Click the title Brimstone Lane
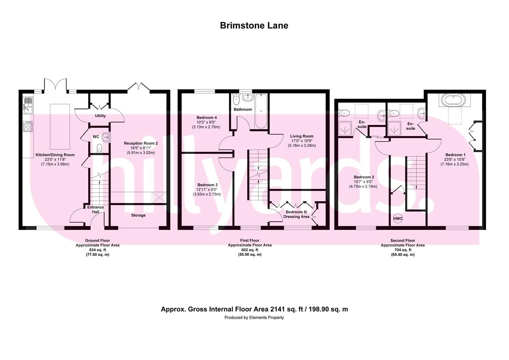pyautogui.click(x=254, y=26)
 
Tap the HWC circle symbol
pyautogui.click(x=398, y=219)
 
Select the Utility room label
pyautogui.click(x=100, y=116)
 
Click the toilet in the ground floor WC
pyautogui.click(x=99, y=147)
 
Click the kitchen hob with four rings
pyautogui.click(x=28, y=126)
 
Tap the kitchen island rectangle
pyautogui.click(x=60, y=127)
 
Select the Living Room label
pyautogui.click(x=302, y=136)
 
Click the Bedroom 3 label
pyautogui.click(x=207, y=185)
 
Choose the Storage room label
pyautogui.click(x=138, y=215)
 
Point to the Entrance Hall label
pyautogui.click(x=96, y=209)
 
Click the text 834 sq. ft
pyautogui.click(x=97, y=250)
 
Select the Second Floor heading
pyautogui.click(x=403, y=240)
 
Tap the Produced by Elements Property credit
pyautogui.click(x=254, y=318)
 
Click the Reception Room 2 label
pyautogui.click(x=141, y=143)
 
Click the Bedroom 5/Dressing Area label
pyautogui.click(x=296, y=214)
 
